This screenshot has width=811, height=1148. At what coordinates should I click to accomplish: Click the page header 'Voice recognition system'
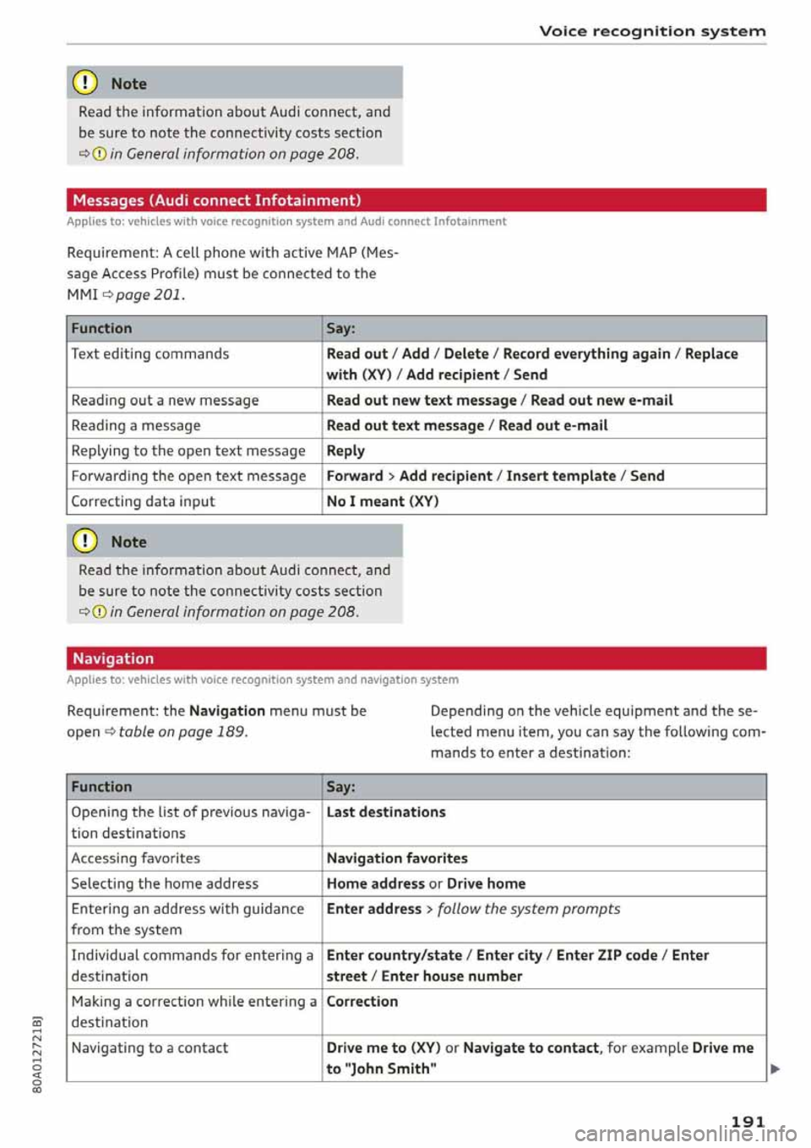652,31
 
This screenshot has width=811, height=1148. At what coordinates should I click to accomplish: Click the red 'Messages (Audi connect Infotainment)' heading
217,200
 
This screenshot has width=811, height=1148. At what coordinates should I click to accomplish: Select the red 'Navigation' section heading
113,659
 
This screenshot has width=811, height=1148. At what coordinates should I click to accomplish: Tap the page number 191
748,1121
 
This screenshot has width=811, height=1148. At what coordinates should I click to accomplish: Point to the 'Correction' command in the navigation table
362,1001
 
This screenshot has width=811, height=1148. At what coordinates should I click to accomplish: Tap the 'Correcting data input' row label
143,501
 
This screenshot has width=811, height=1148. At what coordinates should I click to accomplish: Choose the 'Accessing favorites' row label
136,858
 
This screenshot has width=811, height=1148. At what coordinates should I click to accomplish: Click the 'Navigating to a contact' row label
150,1047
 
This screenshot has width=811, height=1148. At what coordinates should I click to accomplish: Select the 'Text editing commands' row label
150,353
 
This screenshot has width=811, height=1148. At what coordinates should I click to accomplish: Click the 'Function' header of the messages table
101,328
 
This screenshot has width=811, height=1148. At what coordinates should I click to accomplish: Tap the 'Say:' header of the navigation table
341,786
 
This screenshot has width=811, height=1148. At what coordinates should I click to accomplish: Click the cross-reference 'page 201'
149,294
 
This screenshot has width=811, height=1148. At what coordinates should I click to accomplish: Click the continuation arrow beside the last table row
776,1069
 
